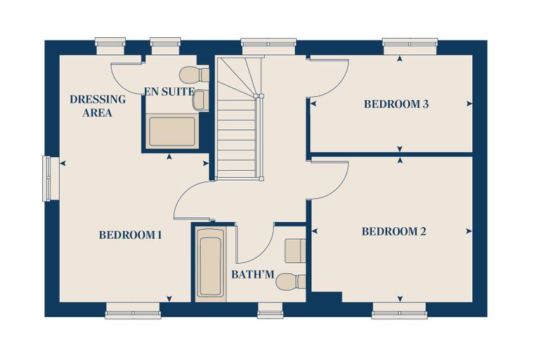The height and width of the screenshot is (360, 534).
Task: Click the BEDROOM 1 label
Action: (131, 235)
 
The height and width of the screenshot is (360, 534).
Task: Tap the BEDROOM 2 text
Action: (394, 231)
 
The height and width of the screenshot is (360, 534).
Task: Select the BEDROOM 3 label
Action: (396, 104)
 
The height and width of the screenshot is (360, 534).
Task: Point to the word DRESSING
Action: (98, 99)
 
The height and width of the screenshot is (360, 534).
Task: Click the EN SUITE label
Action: (169, 91)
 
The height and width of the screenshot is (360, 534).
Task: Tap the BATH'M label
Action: (253, 274)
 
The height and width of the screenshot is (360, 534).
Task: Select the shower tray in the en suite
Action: (172, 131)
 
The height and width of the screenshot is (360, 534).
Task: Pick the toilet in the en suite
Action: (194, 75)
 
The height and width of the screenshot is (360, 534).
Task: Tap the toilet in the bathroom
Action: (291, 282)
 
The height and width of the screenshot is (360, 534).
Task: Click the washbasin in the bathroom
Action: (295, 251)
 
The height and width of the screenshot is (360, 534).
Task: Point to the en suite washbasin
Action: (200, 101)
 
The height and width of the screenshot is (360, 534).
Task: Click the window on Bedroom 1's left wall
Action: (46, 179)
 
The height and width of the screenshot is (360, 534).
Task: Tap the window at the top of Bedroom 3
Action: (410, 46)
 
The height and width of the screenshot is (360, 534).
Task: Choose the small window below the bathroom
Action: (271, 311)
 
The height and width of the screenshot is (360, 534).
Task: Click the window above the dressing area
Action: (110, 46)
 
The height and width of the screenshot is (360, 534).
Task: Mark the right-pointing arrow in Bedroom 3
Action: (469, 104)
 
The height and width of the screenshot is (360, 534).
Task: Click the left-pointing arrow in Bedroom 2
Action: (315, 231)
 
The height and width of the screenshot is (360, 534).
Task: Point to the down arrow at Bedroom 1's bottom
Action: (169, 299)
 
